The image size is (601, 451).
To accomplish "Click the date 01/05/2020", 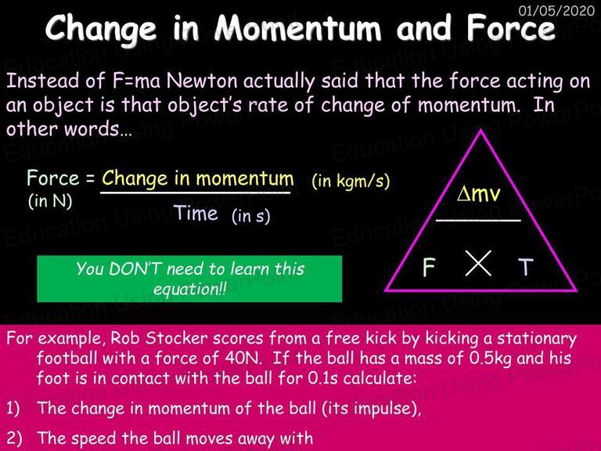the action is (556, 10).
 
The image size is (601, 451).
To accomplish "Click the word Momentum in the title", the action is (298, 29).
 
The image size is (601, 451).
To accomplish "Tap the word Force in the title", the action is (511, 29).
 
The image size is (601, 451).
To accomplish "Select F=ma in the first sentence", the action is (136, 81).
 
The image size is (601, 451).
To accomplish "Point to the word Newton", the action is (202, 81).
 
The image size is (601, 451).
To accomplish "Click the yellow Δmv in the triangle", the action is (479, 193).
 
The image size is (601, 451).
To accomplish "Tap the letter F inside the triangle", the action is (429, 266).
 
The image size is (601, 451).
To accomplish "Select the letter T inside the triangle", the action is (526, 267).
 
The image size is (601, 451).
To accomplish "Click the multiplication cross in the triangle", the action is (478, 263).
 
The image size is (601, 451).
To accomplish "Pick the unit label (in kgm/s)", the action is (351, 180).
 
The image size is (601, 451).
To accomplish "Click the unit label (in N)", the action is (50, 201).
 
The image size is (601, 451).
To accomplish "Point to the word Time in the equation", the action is (196, 213).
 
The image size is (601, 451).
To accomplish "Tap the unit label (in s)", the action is (251, 216).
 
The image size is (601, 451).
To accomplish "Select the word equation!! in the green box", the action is (189, 289).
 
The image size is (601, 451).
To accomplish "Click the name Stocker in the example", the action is (176, 338).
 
